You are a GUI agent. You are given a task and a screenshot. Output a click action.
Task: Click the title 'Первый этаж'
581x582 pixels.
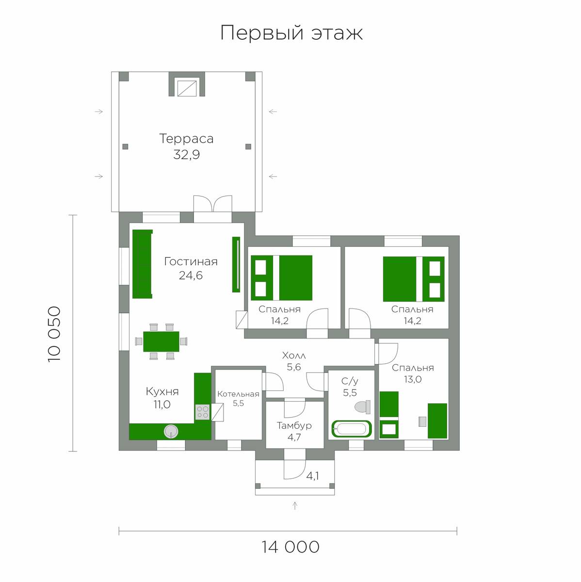[x=291, y=33]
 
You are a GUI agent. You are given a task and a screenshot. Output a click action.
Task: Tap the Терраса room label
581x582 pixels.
[x=186, y=139]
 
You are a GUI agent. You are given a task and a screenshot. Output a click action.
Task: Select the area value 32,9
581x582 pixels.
[x=186, y=155]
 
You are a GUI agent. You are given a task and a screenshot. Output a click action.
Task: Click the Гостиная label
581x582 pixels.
[x=191, y=261]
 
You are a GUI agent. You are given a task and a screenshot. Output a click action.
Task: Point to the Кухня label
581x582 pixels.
[x=162, y=391]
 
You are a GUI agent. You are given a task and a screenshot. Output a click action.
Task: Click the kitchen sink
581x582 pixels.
[x=171, y=431]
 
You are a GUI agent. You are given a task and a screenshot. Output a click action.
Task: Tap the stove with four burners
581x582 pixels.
[x=202, y=412]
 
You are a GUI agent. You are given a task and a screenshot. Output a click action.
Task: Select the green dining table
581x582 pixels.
[x=161, y=341]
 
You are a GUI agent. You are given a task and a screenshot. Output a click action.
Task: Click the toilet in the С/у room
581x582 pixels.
[x=363, y=407]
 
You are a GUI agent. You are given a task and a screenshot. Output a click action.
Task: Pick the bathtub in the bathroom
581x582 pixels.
[x=352, y=429]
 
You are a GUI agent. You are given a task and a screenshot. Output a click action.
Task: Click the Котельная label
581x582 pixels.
[x=238, y=394]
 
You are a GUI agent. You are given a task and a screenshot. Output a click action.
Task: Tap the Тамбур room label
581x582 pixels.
[x=294, y=425]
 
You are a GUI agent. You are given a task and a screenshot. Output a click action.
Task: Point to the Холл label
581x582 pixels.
[x=294, y=356]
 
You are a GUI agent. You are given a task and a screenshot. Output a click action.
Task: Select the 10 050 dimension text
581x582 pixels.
[x=55, y=334]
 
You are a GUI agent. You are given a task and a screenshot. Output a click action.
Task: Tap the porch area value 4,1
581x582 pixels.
[x=312, y=476]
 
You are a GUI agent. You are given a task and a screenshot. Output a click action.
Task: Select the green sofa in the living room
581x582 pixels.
[x=142, y=264]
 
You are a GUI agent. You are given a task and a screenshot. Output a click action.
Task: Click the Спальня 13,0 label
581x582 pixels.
[x=413, y=373]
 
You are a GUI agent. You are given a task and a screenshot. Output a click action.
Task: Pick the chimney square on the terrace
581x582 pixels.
[x=187, y=88]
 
